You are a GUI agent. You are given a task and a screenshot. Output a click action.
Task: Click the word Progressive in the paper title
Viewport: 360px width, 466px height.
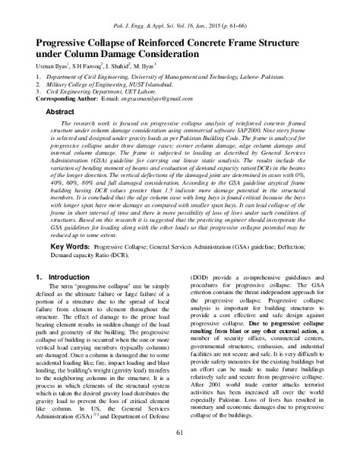click(x=65, y=46)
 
